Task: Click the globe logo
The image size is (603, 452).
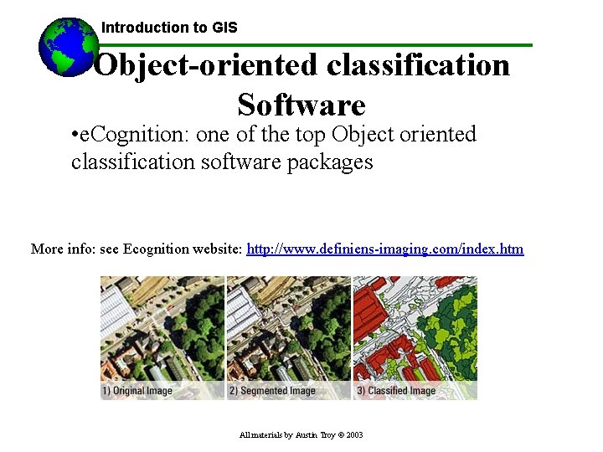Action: (x=67, y=47)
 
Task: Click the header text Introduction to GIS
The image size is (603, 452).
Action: (x=169, y=28)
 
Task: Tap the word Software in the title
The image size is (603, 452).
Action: (x=301, y=105)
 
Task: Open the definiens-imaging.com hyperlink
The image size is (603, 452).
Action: (x=385, y=249)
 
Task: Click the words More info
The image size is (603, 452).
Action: (x=61, y=249)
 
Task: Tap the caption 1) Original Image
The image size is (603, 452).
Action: (x=137, y=391)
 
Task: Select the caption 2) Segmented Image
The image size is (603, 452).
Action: (x=271, y=391)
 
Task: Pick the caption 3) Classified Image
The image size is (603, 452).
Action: (x=396, y=391)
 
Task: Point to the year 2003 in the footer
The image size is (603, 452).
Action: (x=354, y=435)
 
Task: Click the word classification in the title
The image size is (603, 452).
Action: (x=418, y=65)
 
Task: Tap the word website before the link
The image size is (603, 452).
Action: (x=217, y=249)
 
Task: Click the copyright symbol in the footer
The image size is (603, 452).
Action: (x=339, y=435)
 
